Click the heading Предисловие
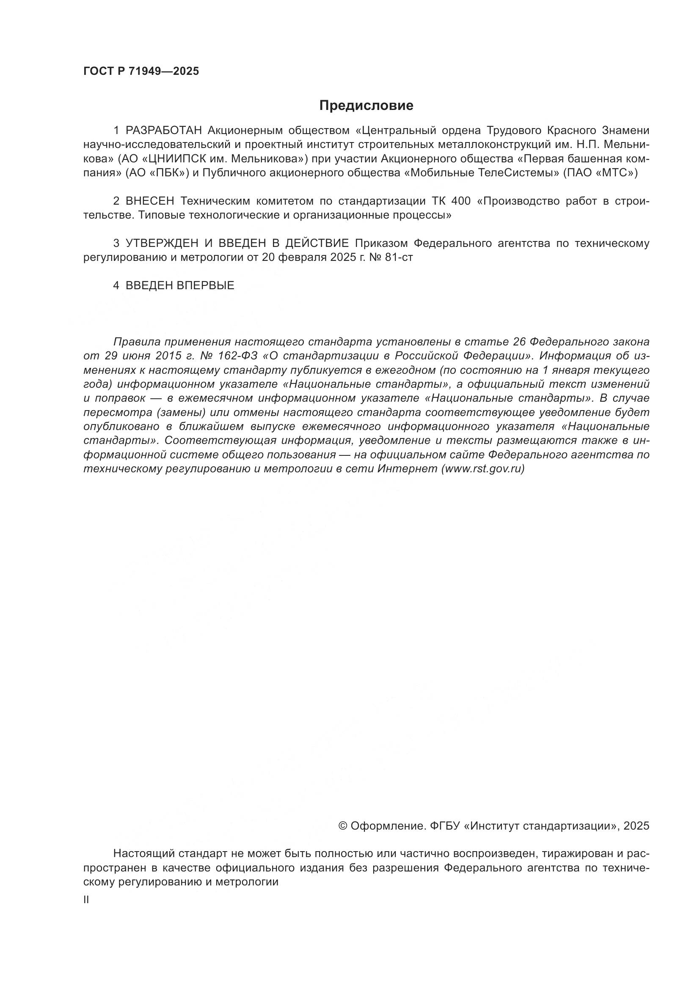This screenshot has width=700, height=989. point(367,106)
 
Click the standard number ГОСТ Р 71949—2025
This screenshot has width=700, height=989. point(141,71)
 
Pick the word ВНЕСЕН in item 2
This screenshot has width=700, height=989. point(150,201)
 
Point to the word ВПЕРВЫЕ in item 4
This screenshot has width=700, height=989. point(205,285)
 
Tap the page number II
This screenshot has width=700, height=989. point(86,900)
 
